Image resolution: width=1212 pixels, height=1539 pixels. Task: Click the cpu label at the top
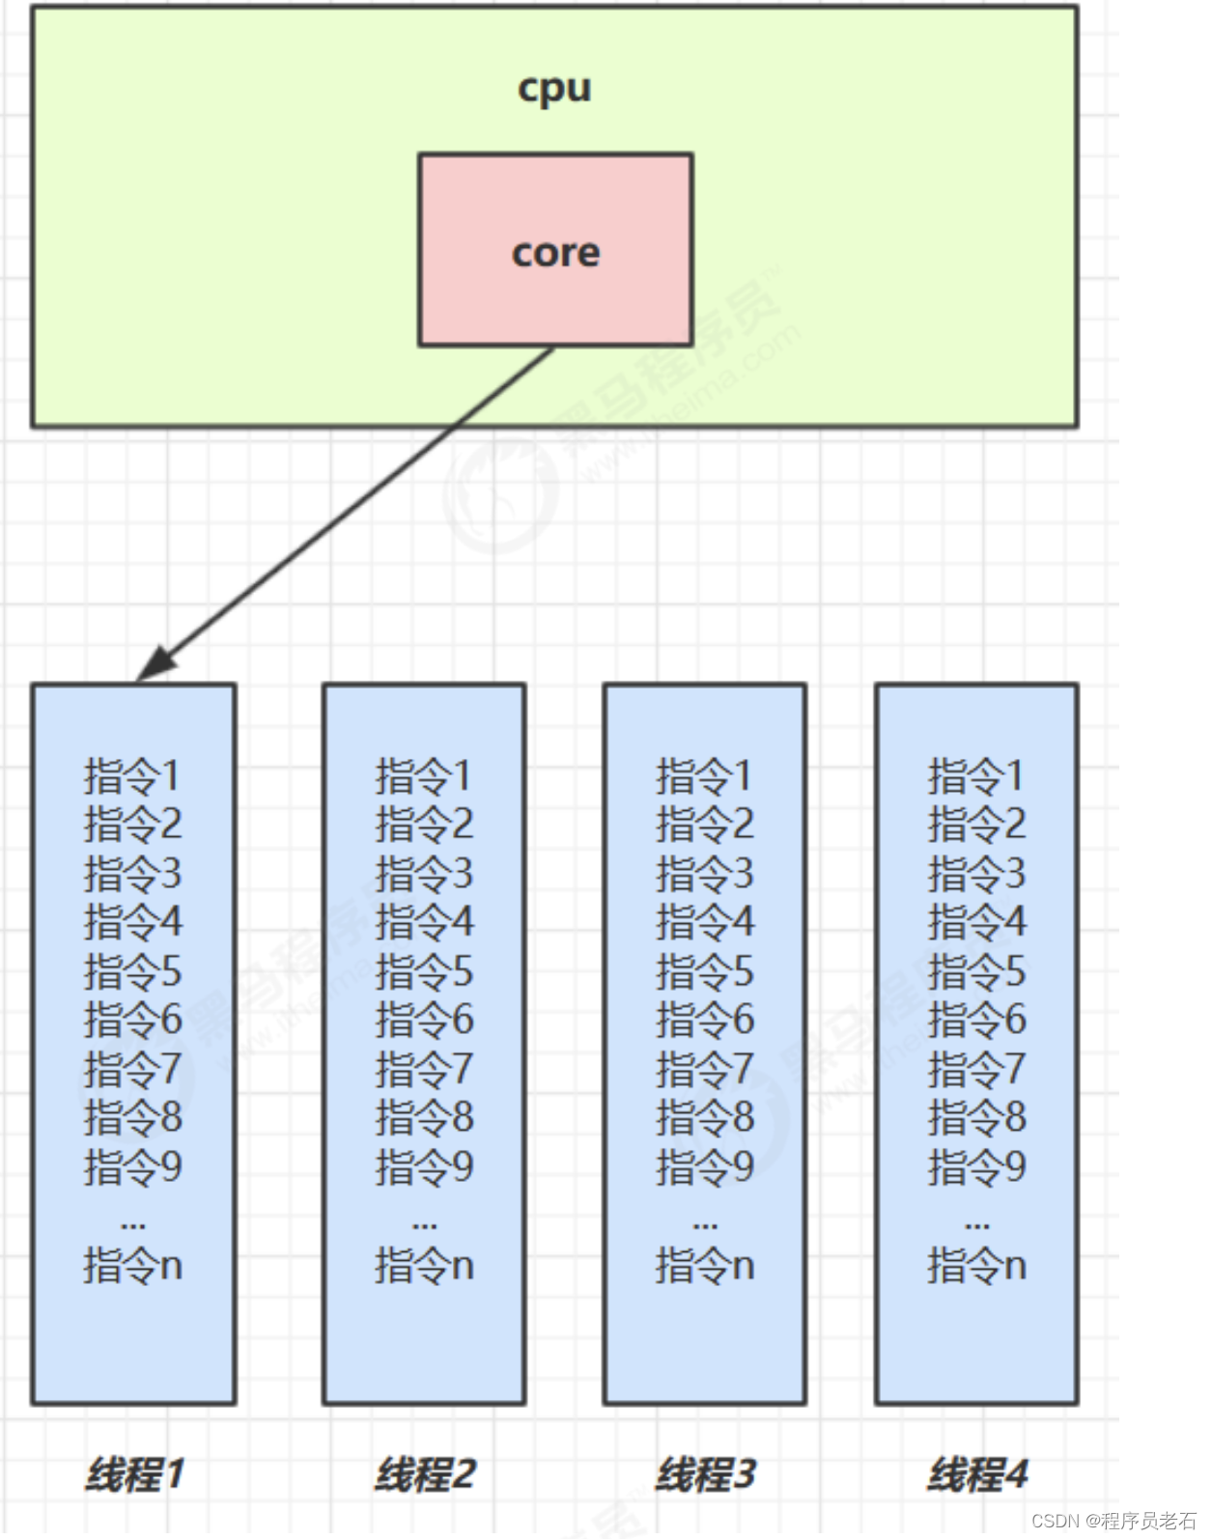coord(554,89)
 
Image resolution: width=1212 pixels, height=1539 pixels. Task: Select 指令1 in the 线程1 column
coord(132,776)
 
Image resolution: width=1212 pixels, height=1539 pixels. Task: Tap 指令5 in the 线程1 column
coord(132,971)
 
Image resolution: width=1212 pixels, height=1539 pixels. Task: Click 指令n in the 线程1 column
coord(132,1265)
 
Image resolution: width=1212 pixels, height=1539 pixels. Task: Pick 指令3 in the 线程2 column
coord(424,874)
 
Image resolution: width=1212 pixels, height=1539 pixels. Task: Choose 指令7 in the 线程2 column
coord(424,1069)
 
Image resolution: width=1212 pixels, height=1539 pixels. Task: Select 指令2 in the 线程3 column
coord(705,825)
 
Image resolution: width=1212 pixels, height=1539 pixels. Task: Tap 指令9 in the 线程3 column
coord(705,1166)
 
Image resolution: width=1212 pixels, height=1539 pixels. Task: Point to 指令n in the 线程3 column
coord(705,1265)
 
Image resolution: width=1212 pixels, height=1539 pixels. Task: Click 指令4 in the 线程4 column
coord(976,922)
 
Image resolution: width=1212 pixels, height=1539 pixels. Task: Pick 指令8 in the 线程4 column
coord(976,1117)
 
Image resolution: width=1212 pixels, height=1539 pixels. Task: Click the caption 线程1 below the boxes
coord(134,1474)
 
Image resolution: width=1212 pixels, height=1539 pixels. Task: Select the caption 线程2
coord(425,1474)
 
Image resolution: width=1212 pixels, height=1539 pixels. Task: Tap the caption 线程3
coord(705,1474)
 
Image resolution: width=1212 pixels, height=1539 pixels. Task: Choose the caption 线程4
coord(977,1474)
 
